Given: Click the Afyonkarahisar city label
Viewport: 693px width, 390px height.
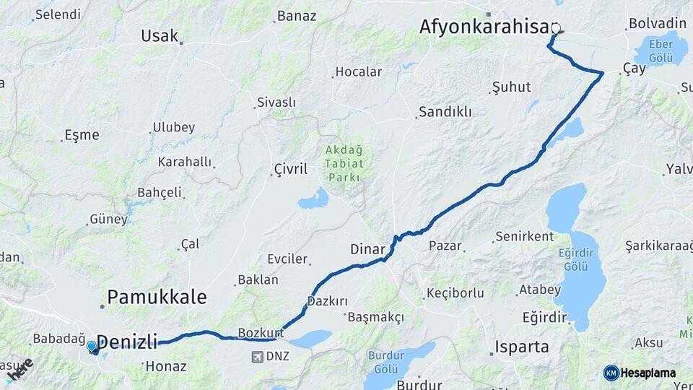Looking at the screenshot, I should [x=485, y=27].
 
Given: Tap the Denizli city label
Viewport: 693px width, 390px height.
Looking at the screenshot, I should [x=126, y=342].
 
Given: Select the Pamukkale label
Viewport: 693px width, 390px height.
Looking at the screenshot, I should [x=157, y=297].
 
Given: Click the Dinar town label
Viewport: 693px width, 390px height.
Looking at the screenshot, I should [x=367, y=249].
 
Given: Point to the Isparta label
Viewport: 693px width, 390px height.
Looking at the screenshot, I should [x=522, y=347].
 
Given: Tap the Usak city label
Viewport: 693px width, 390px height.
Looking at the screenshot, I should [x=160, y=36].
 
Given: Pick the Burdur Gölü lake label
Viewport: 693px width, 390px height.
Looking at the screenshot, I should [x=391, y=361].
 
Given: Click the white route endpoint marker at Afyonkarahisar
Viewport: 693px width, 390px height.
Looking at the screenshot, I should [x=556, y=28].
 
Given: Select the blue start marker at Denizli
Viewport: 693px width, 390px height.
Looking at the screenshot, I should [x=91, y=347].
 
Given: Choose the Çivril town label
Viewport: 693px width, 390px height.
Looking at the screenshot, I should [x=290, y=169].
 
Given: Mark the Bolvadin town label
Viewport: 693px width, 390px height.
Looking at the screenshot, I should [x=657, y=23].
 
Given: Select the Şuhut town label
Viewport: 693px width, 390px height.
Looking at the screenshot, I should [x=511, y=87].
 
